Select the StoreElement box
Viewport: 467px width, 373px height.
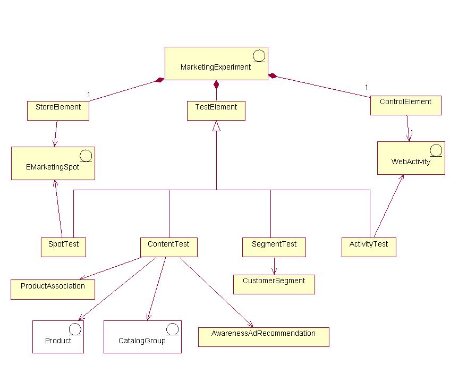coord(58,110)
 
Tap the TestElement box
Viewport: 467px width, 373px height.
coord(216,110)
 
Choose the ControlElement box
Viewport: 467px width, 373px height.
coord(405,105)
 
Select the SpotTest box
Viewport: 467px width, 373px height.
coord(63,247)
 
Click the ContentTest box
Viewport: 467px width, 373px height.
coord(168,247)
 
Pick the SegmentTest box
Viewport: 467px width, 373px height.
coord(274,247)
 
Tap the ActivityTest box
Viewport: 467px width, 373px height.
coord(369,247)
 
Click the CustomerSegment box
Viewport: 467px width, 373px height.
coord(274,284)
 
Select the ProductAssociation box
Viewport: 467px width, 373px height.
coord(53,289)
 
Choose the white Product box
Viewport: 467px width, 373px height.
coord(58,336)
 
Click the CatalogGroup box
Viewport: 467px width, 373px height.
coord(142,336)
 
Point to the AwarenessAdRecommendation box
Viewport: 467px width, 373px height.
coord(263,336)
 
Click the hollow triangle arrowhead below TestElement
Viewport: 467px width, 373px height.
coord(216,126)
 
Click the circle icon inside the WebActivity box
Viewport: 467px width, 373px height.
coord(436,150)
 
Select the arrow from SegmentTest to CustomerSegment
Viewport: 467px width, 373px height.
coord(274,266)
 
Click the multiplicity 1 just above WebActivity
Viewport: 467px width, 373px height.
coord(412,132)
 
